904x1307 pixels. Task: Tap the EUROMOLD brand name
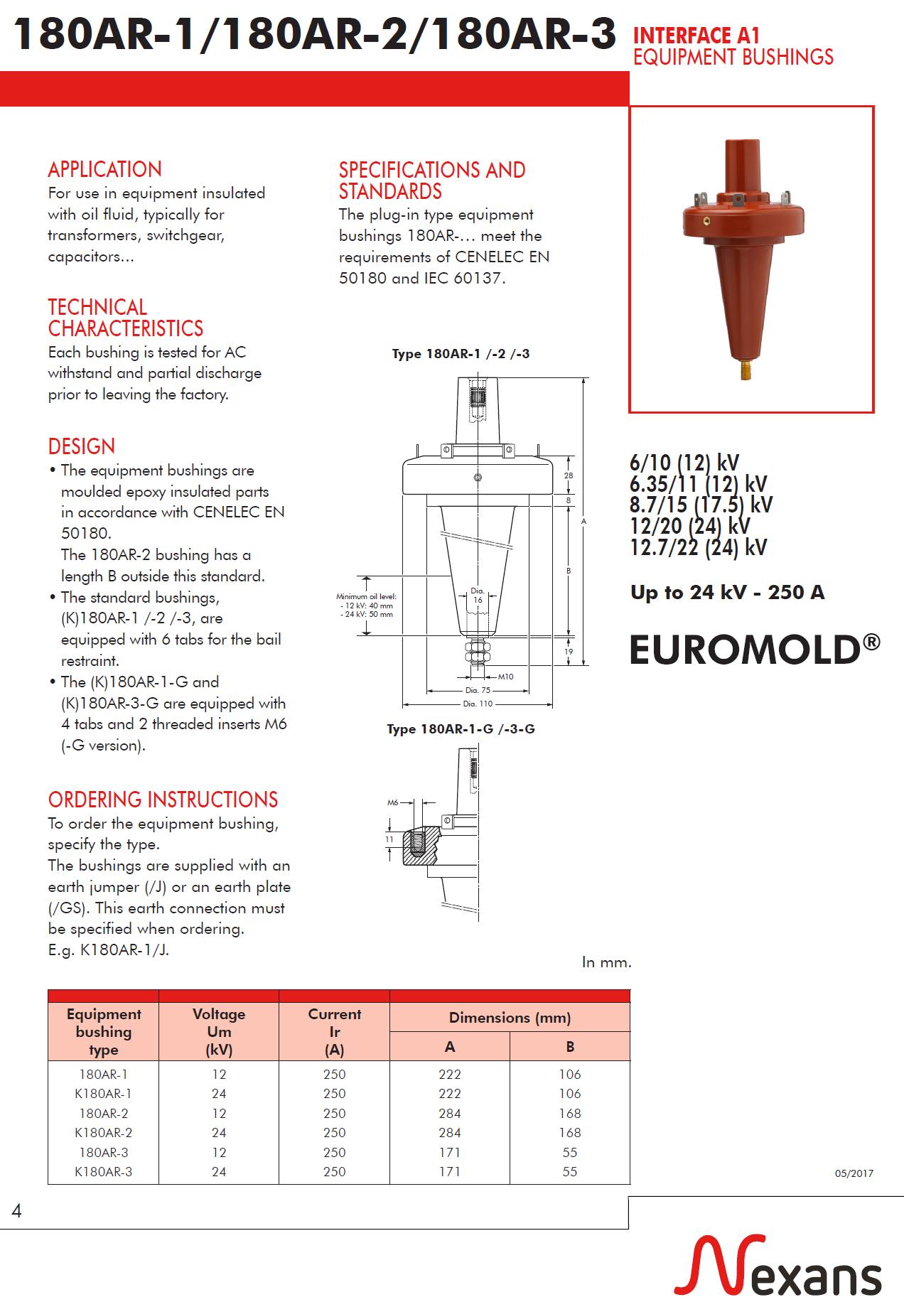pos(754,649)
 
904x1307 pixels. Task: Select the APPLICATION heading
pos(104,170)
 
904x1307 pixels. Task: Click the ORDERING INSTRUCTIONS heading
pos(163,800)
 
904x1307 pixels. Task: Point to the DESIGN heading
pos(81,446)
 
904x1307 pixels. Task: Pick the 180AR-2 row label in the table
pos(104,1114)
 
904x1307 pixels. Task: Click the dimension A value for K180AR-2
pos(449,1133)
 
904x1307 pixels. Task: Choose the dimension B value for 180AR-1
pos(569,1074)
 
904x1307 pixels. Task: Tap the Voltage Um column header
pos(218,1031)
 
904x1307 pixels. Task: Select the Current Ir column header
pos(334,1031)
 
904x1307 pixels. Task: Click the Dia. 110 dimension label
pos(478,704)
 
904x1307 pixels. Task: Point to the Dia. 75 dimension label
pos(478,690)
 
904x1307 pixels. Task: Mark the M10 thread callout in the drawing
pos(505,677)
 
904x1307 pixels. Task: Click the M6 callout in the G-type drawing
pos(392,802)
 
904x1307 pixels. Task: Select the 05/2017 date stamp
pos(854,1173)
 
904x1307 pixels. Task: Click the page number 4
pos(17,1210)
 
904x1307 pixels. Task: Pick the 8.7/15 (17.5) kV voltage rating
pos(701,505)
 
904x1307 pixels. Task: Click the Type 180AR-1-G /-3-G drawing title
pos(461,729)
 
